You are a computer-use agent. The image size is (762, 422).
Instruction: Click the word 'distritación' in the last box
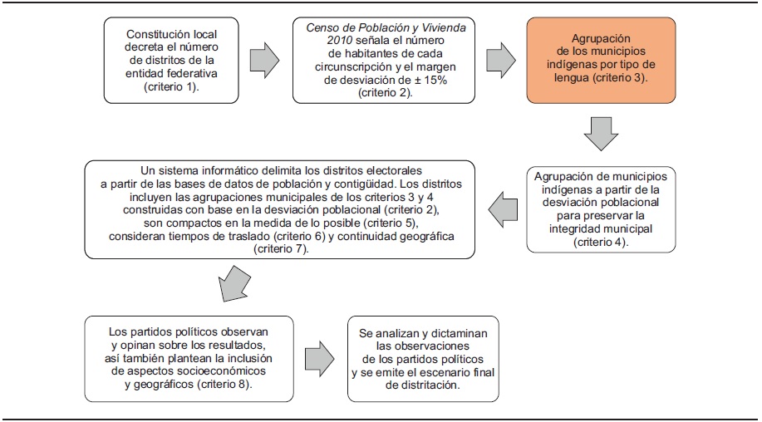coord(423,385)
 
